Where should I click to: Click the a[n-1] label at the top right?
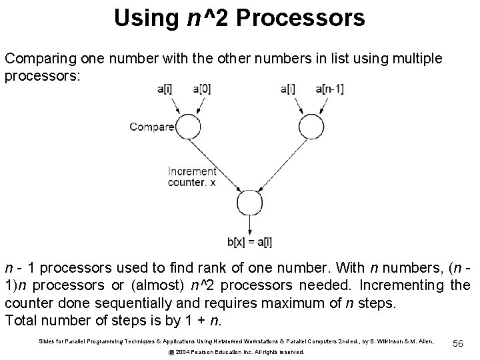coord(331,89)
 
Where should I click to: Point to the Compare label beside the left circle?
coord(152,126)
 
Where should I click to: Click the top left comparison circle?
coord(188,126)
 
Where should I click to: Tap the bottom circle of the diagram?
coord(249,204)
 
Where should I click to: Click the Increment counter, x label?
coord(192,176)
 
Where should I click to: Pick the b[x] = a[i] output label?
coord(249,241)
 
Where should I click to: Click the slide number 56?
coord(457,341)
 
